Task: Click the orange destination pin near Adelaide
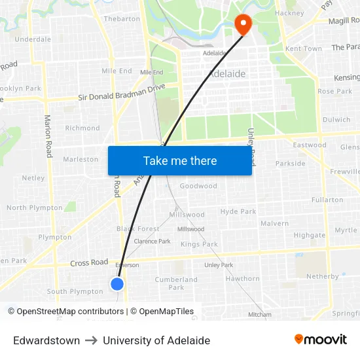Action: tap(243, 24)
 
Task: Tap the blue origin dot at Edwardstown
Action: tap(117, 283)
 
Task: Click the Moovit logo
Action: tap(321, 340)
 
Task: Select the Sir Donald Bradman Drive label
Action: tap(122, 92)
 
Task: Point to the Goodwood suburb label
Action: tap(198, 186)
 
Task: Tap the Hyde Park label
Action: tap(238, 211)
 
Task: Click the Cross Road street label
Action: tap(89, 262)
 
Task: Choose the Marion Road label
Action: tap(48, 135)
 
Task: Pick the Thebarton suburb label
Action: tap(122, 19)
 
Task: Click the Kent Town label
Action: tap(304, 49)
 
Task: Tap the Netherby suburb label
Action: tap(322, 276)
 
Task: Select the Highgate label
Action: tap(309, 235)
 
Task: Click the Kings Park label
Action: tap(199, 244)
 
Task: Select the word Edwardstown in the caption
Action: tap(46, 340)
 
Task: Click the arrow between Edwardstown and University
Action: tap(91, 340)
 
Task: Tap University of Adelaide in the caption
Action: tap(156, 340)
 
